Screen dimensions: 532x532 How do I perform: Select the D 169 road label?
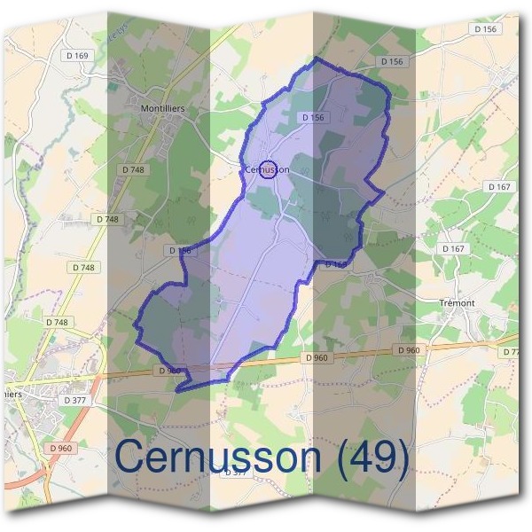click(x=78, y=56)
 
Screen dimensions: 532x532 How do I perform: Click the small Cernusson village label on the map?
click(x=266, y=169)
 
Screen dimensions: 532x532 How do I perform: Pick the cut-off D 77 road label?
click(x=511, y=352)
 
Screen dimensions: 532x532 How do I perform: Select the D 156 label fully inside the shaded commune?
click(x=313, y=117)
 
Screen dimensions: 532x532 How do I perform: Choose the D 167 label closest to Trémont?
click(x=453, y=249)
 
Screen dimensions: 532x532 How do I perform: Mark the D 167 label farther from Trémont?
click(x=500, y=187)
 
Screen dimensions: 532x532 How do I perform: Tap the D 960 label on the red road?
click(x=61, y=449)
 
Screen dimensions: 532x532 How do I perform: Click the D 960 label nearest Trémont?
click(x=408, y=351)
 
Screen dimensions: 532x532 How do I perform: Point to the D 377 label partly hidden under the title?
click(x=235, y=473)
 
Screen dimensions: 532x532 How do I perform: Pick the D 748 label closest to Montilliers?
click(x=133, y=168)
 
